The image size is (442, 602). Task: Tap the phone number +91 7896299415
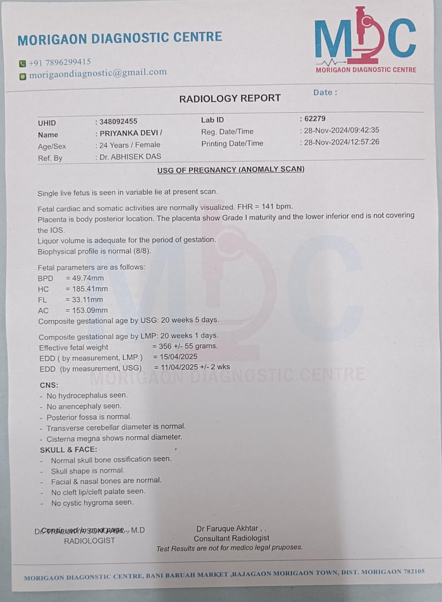pos(59,62)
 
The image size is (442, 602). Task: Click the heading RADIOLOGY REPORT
pos(230,98)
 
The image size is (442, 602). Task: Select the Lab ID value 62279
pos(314,119)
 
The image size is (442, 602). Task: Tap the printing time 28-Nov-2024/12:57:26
pos(341,142)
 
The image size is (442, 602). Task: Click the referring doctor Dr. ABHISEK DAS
pos(130,157)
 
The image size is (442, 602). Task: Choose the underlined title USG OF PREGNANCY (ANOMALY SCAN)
pos(230,170)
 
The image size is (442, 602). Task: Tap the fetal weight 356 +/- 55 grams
pos(189,346)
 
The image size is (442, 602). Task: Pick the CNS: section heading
pos(49,385)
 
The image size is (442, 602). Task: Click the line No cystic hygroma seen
pos(92,502)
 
